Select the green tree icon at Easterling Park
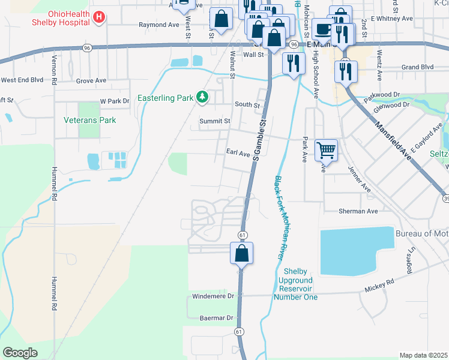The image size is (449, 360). [203, 97]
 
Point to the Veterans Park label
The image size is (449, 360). [90, 120]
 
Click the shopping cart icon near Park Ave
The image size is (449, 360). [326, 149]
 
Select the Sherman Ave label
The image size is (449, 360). [358, 211]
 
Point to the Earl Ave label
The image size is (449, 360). [238, 154]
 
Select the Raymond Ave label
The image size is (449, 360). [159, 25]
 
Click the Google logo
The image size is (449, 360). [20, 353]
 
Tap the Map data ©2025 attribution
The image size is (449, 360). [423, 355]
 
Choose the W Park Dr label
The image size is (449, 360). [115, 101]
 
